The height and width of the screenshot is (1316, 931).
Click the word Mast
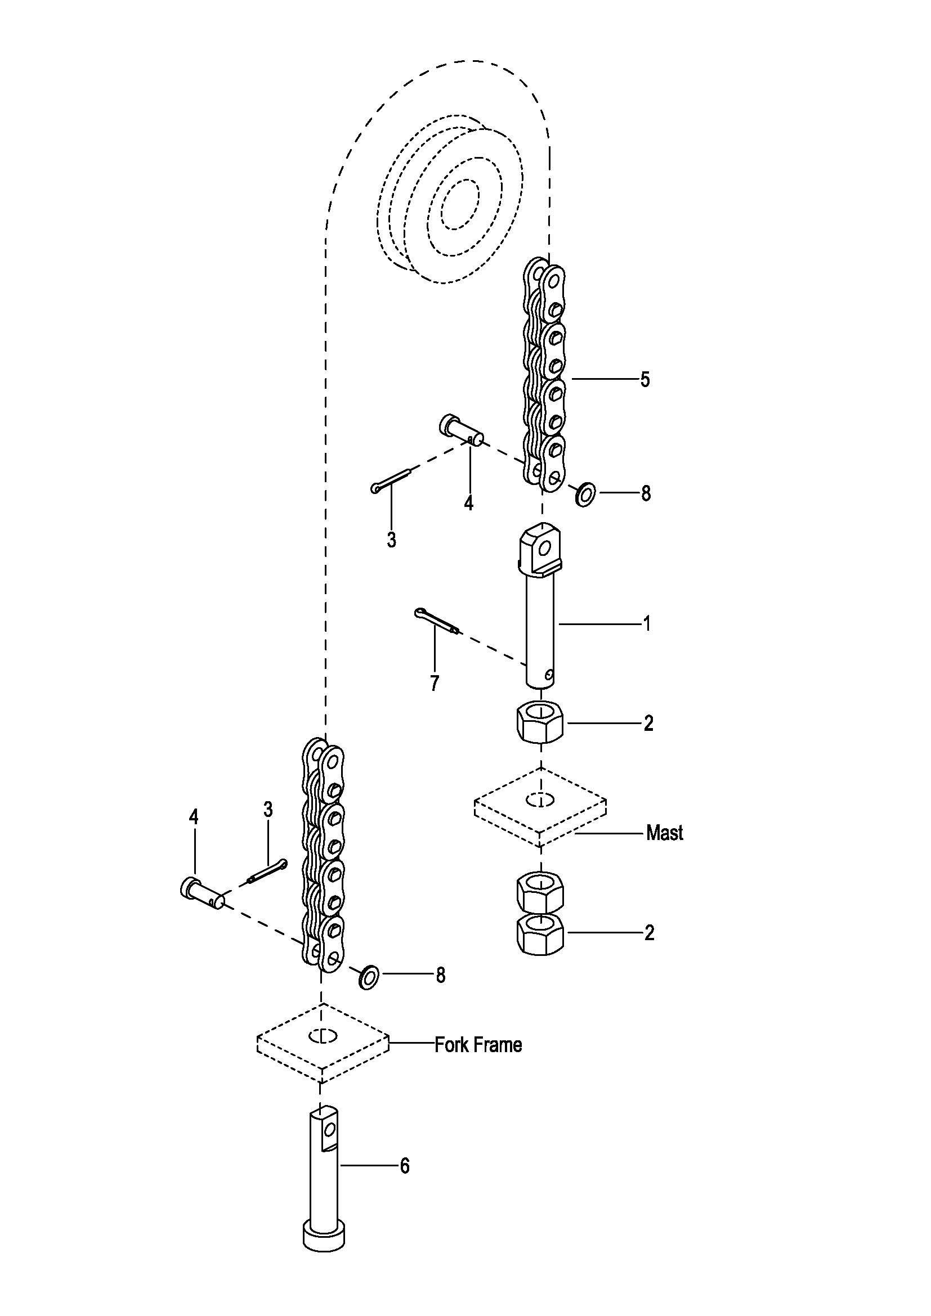coord(664,833)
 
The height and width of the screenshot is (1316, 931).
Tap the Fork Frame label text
coord(478,1045)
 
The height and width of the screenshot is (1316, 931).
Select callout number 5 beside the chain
coord(645,379)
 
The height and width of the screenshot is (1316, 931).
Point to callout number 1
coord(647,623)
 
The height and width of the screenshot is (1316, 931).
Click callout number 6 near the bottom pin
coord(405,1166)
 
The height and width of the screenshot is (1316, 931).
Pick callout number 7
coord(435,683)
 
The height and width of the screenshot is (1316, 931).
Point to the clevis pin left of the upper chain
coord(461,430)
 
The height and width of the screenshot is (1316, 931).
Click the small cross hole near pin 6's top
coord(329,1129)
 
